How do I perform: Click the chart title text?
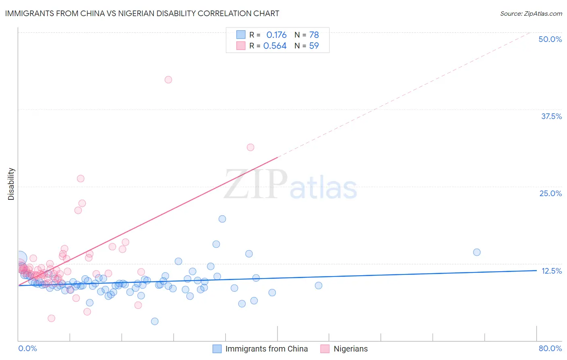pyautogui.click(x=142, y=13)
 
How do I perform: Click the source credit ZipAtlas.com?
pyautogui.click(x=531, y=13)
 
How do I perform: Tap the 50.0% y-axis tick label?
pyautogui.click(x=550, y=39)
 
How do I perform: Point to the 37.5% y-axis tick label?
pyautogui.click(x=551, y=116)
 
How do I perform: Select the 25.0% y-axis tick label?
pyautogui.click(x=550, y=193)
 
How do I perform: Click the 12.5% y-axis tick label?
pyautogui.click(x=551, y=271)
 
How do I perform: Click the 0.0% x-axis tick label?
pyautogui.click(x=27, y=348)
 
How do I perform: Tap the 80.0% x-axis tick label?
pyautogui.click(x=550, y=348)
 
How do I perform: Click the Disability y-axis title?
pyautogui.click(x=11, y=184)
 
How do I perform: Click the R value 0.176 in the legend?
pyautogui.click(x=276, y=35)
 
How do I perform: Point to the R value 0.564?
pyautogui.click(x=275, y=46)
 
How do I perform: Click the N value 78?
pyautogui.click(x=314, y=35)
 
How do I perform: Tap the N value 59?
pyautogui.click(x=314, y=46)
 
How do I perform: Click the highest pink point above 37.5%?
pyautogui.click(x=168, y=80)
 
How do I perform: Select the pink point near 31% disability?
pyautogui.click(x=250, y=147)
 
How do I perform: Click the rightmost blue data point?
pyautogui.click(x=477, y=252)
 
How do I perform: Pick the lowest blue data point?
pyautogui.click(x=154, y=321)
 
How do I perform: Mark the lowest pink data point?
pyautogui.click(x=51, y=318)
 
